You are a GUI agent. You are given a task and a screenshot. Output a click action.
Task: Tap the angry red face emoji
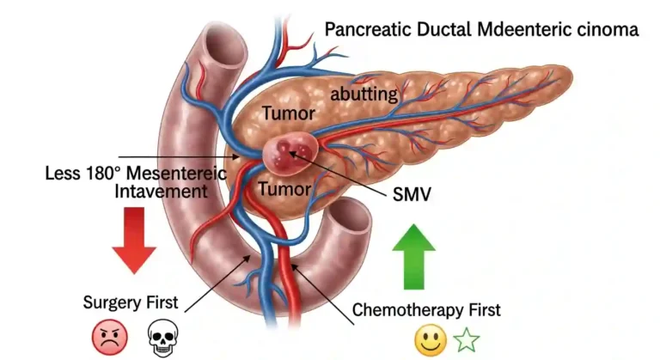tap(109, 336)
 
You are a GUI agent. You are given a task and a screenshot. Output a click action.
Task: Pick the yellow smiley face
tap(430, 340)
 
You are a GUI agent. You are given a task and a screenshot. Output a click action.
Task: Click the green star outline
tap(466, 340)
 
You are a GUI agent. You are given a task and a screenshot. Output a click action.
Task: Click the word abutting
tap(364, 94)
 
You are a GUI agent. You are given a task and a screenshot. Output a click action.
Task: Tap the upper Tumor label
tap(289, 113)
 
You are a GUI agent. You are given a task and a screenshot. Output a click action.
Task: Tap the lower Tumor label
tap(287, 188)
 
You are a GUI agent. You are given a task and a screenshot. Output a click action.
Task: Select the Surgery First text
tap(131, 302)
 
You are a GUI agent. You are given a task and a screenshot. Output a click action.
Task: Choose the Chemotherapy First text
tap(427, 309)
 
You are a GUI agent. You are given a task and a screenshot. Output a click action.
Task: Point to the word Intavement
tap(162, 191)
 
